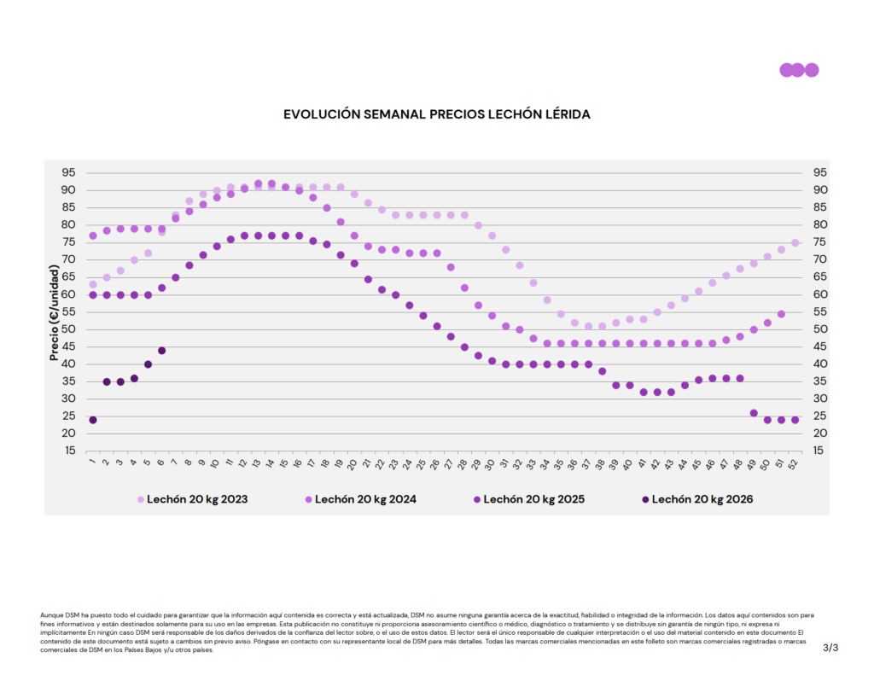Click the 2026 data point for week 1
click(x=93, y=420)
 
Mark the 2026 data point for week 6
click(x=161, y=350)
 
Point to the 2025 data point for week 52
click(x=795, y=420)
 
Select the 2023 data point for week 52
click(x=795, y=242)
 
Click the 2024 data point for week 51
click(x=781, y=314)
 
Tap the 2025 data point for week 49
click(x=754, y=413)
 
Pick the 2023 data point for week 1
click(x=93, y=284)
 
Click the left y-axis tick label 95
click(x=68, y=172)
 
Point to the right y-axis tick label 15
click(x=817, y=451)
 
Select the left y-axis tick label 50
click(x=68, y=329)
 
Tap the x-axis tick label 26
click(x=436, y=464)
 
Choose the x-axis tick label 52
click(x=795, y=464)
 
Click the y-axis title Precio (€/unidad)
click(x=54, y=311)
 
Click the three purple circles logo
click(x=799, y=70)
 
